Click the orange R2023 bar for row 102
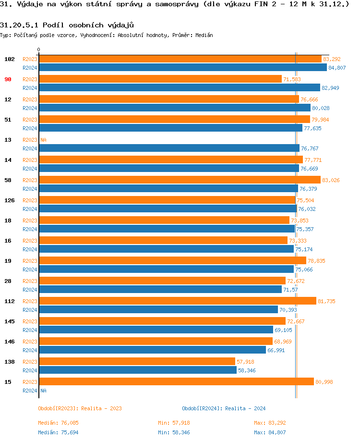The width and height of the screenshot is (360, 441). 180,59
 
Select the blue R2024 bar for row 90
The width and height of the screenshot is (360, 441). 179,87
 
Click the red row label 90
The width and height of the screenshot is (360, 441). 8,79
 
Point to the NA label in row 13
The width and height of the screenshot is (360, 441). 43,140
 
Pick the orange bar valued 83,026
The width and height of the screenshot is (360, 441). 180,180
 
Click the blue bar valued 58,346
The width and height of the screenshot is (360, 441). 138,370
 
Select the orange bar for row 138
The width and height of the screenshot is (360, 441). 137,361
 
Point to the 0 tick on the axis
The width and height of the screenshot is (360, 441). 39,49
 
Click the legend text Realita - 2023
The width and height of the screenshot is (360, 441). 101,408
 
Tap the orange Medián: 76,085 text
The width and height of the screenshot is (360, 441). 58,423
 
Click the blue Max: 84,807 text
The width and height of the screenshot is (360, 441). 271,432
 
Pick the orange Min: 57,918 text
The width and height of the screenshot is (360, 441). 174,423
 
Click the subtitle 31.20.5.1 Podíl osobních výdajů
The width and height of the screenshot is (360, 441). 67,24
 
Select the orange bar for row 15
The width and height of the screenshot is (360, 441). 176,381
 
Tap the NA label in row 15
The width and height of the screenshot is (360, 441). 43,391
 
